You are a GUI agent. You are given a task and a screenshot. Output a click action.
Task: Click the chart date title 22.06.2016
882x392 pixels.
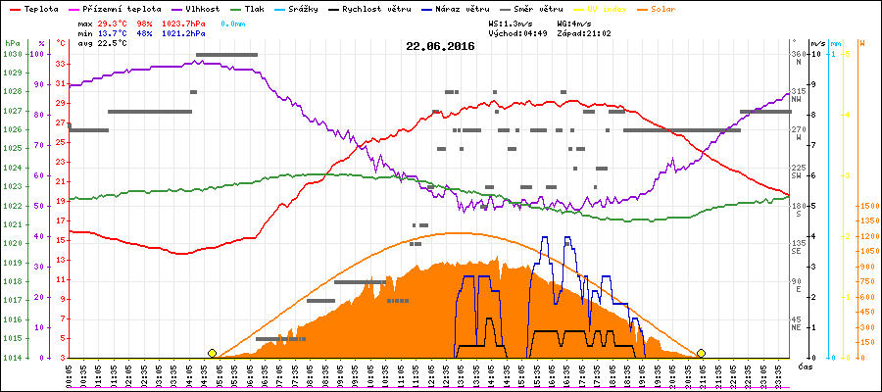coord(441,45)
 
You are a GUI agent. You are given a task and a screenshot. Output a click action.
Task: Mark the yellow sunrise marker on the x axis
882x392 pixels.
coord(212,353)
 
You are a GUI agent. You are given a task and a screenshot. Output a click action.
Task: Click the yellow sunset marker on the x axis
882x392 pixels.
coord(701,353)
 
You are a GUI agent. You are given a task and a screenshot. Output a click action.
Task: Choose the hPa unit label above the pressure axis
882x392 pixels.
coord(12,43)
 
